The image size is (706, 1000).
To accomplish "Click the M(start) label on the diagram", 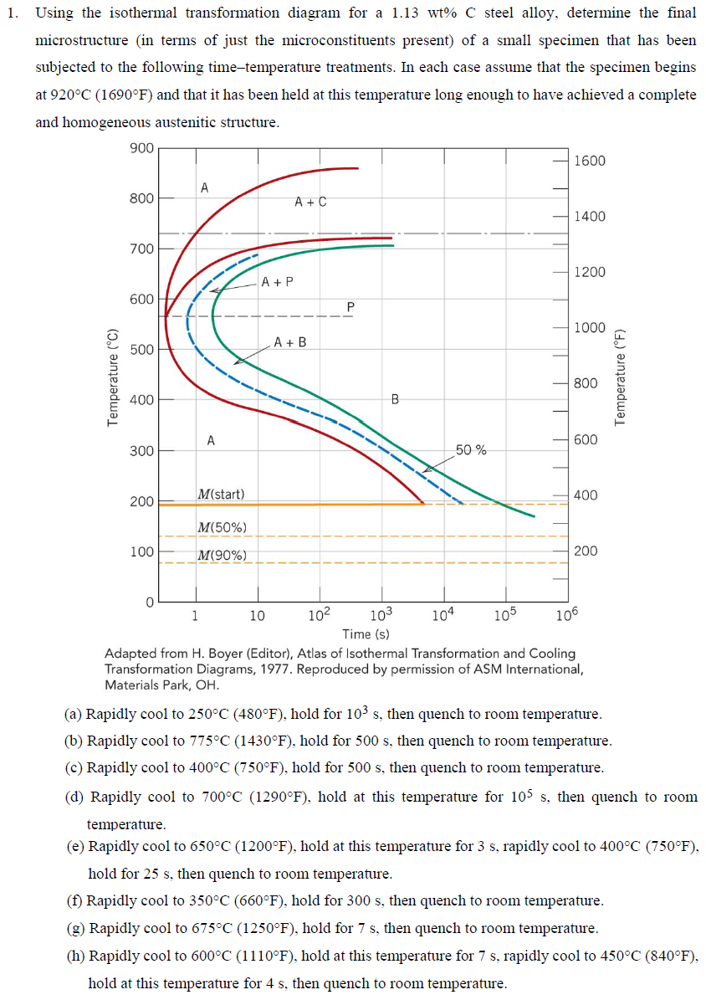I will [221, 494].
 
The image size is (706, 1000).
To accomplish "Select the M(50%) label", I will [221, 527].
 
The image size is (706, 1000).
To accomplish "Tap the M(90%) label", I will [221, 555].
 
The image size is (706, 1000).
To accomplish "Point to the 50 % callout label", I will [471, 450].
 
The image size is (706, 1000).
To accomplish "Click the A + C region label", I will [311, 202].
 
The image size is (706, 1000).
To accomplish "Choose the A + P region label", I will [277, 282].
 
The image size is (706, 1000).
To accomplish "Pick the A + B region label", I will [290, 342].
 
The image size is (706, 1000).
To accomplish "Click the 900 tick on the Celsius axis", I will [141, 148].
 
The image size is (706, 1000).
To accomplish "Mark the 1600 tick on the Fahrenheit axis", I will [590, 161].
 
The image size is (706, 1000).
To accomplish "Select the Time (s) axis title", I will [366, 634].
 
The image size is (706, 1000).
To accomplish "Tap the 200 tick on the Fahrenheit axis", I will [586, 551].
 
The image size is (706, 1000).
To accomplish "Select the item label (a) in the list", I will [74, 715].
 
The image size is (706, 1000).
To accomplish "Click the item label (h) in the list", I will [75, 955].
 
